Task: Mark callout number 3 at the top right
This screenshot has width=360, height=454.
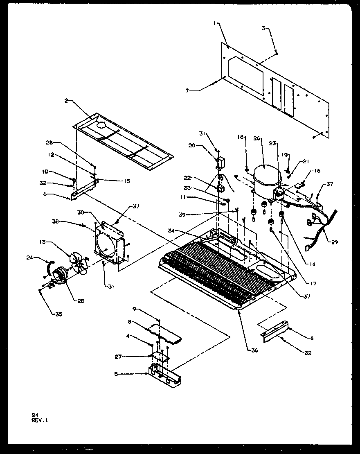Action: pos(264,28)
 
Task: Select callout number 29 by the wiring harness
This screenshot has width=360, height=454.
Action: pos(335,242)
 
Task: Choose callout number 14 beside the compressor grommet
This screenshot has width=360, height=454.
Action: pos(313,264)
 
